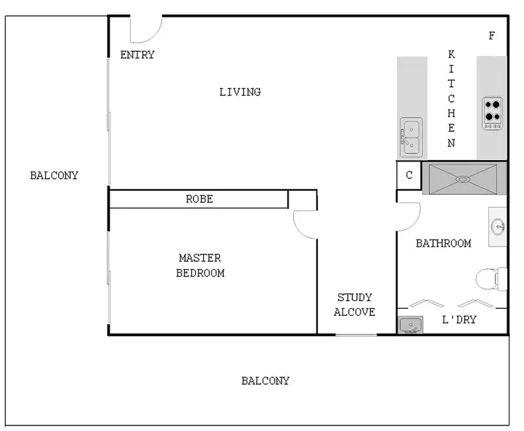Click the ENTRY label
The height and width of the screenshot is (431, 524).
coord(137,55)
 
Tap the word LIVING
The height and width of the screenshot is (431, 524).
coord(240,92)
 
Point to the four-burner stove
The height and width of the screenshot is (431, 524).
coord(493,112)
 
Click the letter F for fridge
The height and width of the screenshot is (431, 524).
coord(492,36)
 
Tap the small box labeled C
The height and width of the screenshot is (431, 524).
coord(409,176)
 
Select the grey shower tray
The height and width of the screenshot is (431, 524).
coord(464,179)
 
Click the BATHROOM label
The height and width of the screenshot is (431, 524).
coord(443,244)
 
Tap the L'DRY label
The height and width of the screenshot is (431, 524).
coord(459,320)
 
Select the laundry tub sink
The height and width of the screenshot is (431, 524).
coord(409,325)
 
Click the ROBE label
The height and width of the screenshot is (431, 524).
coord(199,199)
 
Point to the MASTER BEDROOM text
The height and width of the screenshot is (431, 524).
coord(200,265)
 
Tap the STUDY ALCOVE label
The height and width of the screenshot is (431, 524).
coord(354,305)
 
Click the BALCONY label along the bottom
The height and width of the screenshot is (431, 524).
coord(265,381)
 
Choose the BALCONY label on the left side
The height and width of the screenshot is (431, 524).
coord(54,175)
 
